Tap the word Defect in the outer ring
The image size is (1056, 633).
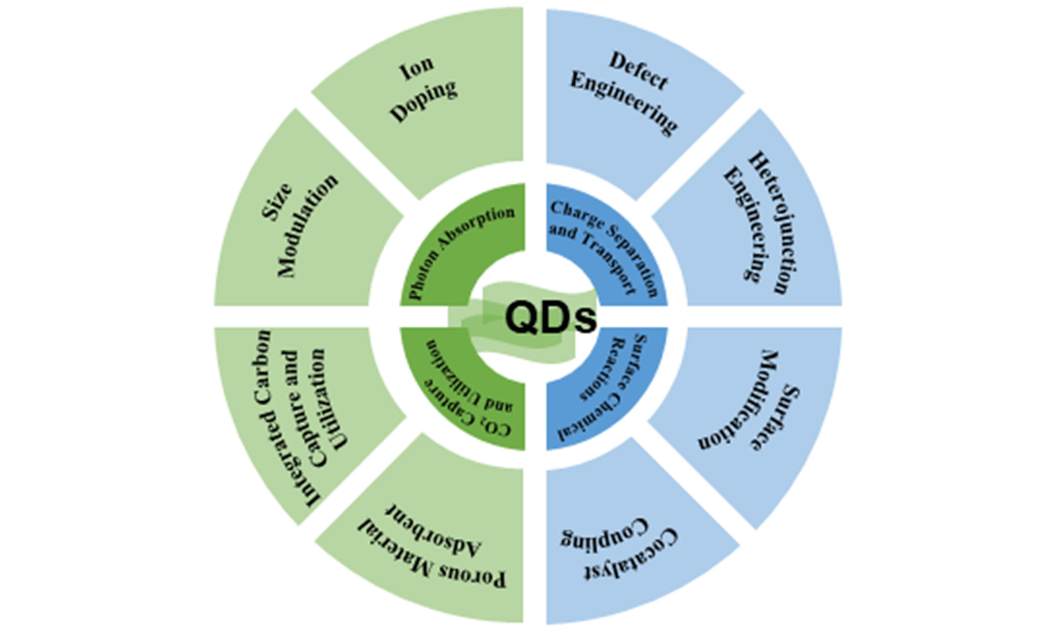(639, 71)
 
